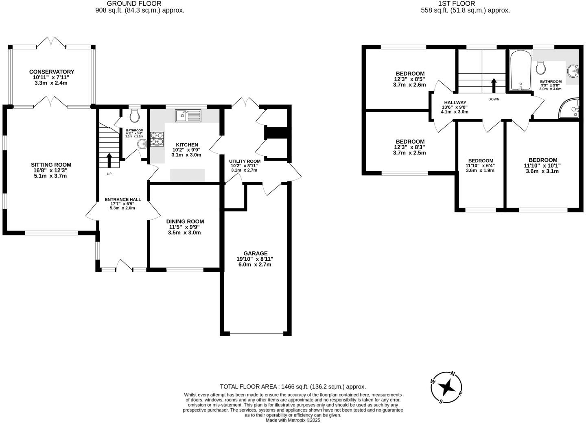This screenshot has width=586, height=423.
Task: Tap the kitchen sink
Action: pyautogui.click(x=188, y=116)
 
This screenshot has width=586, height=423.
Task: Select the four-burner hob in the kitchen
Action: pyautogui.click(x=157, y=139)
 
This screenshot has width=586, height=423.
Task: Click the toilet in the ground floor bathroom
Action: pyautogui.click(x=134, y=116)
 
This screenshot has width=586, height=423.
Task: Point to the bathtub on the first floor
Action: pyautogui.click(x=520, y=70)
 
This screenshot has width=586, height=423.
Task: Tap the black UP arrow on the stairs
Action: pyautogui.click(x=109, y=160)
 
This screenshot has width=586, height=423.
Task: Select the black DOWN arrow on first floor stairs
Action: pyautogui.click(x=494, y=86)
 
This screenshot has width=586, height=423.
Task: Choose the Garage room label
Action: pyautogui.click(x=256, y=253)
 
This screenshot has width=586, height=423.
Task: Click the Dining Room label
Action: pyautogui.click(x=185, y=222)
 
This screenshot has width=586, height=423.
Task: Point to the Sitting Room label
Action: pyautogui.click(x=51, y=165)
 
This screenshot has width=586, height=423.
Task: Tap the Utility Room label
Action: pyautogui.click(x=245, y=161)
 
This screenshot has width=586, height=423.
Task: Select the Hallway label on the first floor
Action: pyautogui.click(x=455, y=102)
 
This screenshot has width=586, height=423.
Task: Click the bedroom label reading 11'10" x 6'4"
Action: pyautogui.click(x=480, y=161)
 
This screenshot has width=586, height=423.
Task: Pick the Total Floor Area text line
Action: pyautogui.click(x=293, y=387)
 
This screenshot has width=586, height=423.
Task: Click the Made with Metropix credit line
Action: pyautogui.click(x=293, y=420)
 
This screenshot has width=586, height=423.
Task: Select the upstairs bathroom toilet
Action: pyautogui.click(x=541, y=68)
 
